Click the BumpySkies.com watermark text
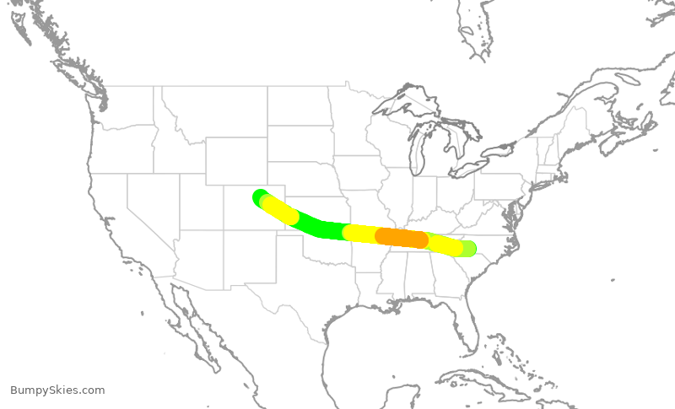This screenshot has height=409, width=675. point(57,390)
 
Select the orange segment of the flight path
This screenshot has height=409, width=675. point(402,238)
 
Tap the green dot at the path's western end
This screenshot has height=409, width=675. point(259,196)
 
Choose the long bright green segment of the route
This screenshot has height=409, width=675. point(321,226)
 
